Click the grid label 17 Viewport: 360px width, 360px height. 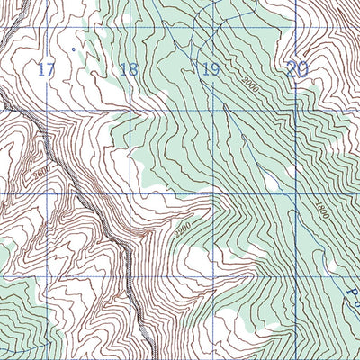(48, 69)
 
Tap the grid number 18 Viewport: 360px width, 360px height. (129, 70)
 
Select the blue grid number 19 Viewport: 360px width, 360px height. (211, 70)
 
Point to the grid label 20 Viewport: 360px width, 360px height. (297, 68)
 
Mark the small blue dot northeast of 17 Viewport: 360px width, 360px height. (72, 49)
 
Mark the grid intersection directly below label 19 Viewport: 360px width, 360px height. (213, 112)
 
